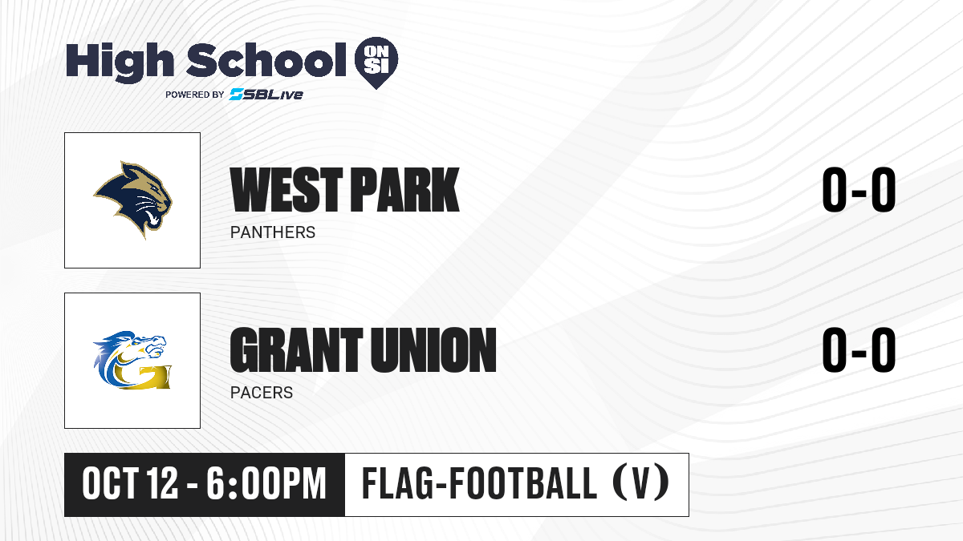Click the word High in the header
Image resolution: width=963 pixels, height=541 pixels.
pos(120,62)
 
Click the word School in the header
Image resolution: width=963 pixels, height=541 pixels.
pos(266,60)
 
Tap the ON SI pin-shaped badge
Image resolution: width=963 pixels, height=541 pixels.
pos(376,63)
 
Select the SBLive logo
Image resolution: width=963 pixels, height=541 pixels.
pos(266,95)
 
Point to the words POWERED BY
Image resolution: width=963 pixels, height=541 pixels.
pos(195,95)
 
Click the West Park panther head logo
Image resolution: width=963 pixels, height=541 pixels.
pos(133,200)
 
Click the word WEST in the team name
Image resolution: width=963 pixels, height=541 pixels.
pos(286,189)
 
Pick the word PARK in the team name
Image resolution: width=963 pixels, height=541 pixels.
pos(405,189)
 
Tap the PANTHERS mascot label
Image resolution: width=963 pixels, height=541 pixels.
pos(273,232)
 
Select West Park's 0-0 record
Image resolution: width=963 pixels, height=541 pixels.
pos(859,189)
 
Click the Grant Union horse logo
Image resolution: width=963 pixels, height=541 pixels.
pos(132,360)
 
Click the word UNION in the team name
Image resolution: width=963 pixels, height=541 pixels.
pos(433,349)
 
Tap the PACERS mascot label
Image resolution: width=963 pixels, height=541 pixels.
pos(262,393)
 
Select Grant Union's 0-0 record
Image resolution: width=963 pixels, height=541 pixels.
pos(859,349)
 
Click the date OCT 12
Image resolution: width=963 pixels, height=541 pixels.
pos(130,483)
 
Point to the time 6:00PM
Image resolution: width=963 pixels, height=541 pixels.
pos(266,483)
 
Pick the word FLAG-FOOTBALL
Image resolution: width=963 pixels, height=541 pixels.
pos(479,483)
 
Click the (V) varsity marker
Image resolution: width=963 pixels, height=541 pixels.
pos(640,483)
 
